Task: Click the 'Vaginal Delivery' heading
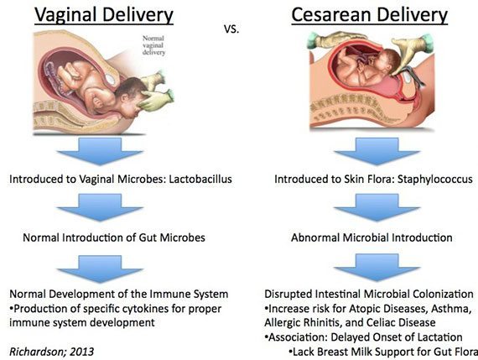click(x=104, y=14)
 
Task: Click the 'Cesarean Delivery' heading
click(x=370, y=14)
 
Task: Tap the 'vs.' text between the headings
click(x=231, y=29)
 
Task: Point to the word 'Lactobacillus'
click(x=200, y=179)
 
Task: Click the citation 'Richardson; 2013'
click(x=51, y=352)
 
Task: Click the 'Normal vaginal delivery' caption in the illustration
click(x=154, y=45)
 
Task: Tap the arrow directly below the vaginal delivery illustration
click(x=100, y=151)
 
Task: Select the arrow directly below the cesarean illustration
click(x=377, y=151)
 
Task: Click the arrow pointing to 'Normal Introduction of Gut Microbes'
click(x=100, y=207)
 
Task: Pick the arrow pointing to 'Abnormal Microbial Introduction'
click(x=377, y=207)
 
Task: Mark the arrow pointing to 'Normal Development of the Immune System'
click(x=100, y=269)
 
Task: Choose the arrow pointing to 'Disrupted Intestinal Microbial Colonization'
click(x=377, y=269)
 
